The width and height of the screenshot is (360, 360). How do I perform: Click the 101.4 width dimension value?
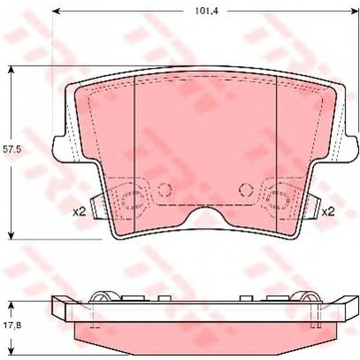(x=206, y=11)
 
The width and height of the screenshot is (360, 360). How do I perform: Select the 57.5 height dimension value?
(x=12, y=149)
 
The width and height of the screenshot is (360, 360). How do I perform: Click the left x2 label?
(x=79, y=212)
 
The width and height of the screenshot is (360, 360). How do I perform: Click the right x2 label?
(x=328, y=212)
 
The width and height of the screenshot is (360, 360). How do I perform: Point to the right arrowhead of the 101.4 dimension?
(x=355, y=11)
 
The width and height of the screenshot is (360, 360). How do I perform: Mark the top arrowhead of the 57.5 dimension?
(x=11, y=69)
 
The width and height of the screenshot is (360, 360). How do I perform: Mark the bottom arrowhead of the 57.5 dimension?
(x=11, y=236)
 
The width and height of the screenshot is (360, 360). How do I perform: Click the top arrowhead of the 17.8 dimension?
(x=11, y=305)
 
